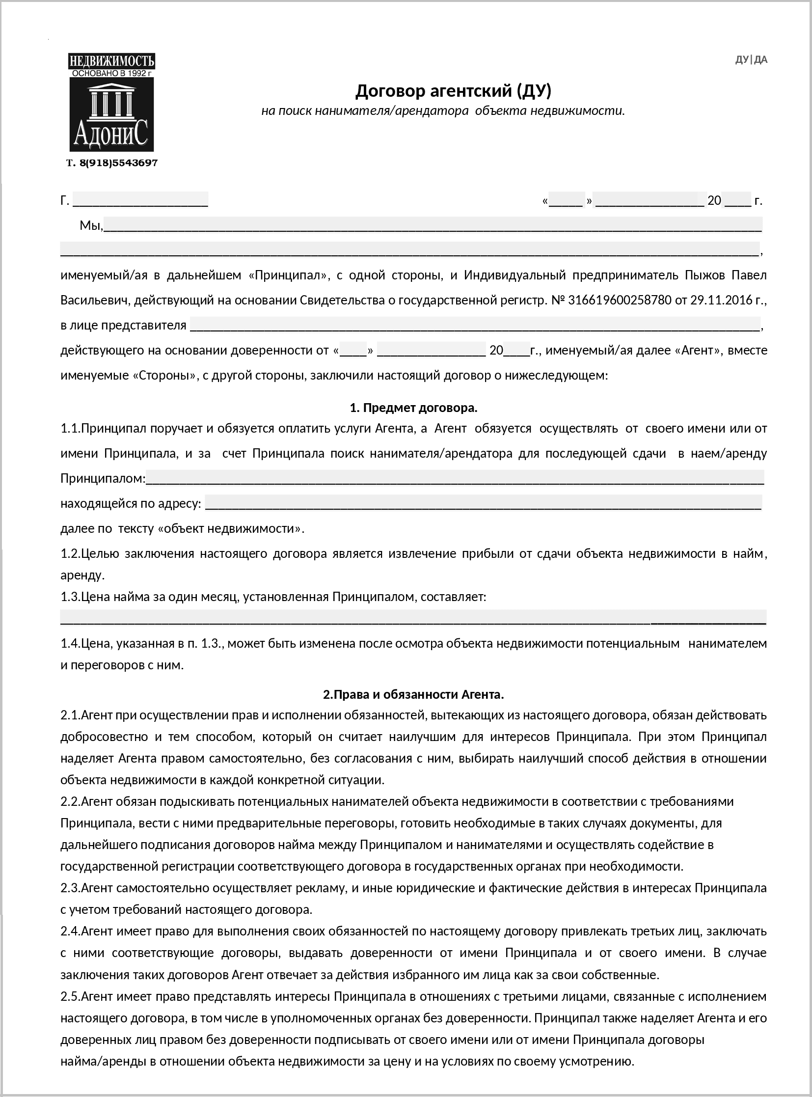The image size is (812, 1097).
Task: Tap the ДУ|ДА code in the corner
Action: (x=751, y=60)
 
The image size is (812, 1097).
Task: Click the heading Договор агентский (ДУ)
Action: (x=453, y=91)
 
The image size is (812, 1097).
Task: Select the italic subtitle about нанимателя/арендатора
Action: (x=442, y=110)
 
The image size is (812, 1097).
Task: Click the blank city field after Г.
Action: (x=140, y=201)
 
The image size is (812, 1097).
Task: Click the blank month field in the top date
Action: (x=650, y=201)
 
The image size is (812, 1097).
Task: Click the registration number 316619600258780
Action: (x=619, y=300)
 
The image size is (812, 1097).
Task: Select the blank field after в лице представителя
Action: (x=474, y=325)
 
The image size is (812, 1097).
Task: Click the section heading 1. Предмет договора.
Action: (x=413, y=408)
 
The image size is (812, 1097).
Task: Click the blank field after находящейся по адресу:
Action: (x=483, y=503)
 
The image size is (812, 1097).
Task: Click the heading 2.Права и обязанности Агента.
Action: (x=413, y=694)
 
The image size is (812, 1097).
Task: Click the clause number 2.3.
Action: (x=70, y=888)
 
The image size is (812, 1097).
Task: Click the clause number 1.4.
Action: (x=70, y=643)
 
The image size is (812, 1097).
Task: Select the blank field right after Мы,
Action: (x=433, y=226)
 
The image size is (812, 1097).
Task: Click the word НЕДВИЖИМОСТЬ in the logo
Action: (x=111, y=61)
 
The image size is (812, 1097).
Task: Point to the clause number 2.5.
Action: (x=70, y=996)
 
